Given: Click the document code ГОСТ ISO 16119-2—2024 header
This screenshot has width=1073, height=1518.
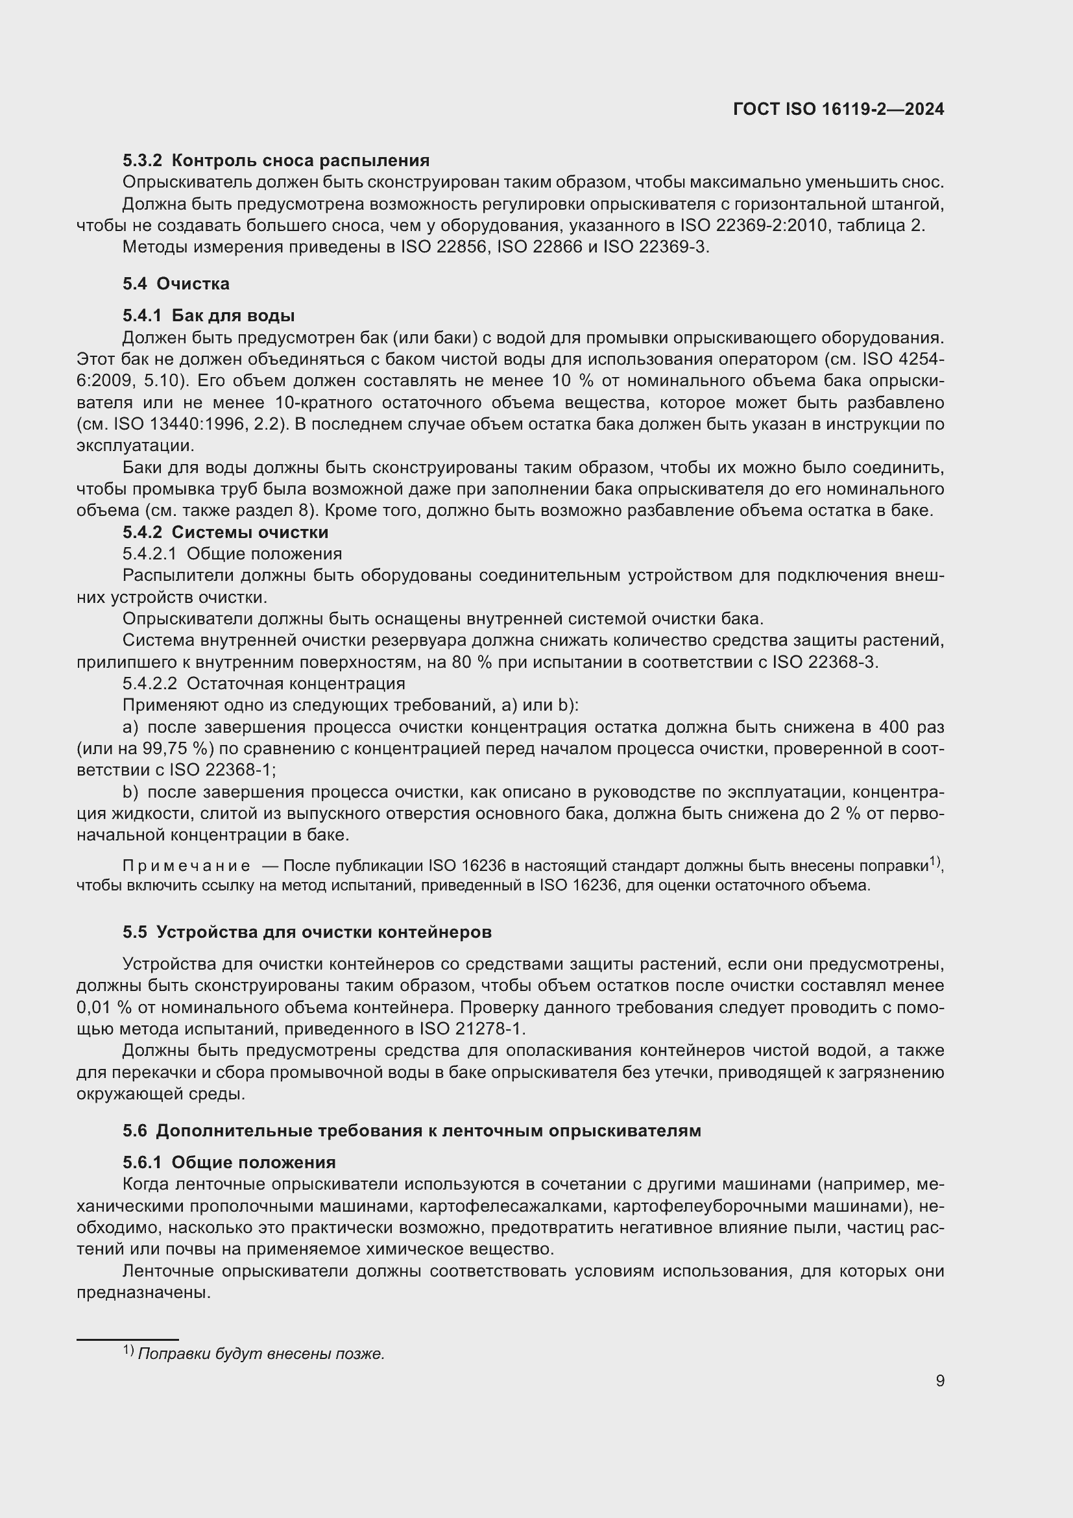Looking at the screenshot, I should (838, 109).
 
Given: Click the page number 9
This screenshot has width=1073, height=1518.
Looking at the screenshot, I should (939, 1380).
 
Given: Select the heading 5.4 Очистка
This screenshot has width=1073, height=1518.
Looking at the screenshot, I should (176, 284).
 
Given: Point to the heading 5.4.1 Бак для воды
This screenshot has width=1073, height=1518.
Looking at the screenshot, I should (208, 315).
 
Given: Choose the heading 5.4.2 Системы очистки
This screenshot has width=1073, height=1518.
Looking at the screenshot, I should (225, 532).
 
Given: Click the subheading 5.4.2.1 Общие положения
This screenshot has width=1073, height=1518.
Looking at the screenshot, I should (232, 554).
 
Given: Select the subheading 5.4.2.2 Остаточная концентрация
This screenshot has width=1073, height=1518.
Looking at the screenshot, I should (263, 683).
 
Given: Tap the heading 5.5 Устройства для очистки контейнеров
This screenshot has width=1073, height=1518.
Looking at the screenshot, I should (307, 932).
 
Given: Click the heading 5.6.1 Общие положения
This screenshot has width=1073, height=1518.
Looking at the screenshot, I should (228, 1162).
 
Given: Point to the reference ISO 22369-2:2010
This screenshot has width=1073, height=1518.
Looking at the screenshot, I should (753, 225).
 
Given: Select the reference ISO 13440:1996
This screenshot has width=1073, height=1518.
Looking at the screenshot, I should (171, 424).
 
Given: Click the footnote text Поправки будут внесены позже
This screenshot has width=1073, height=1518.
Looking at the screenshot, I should (261, 1348).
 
